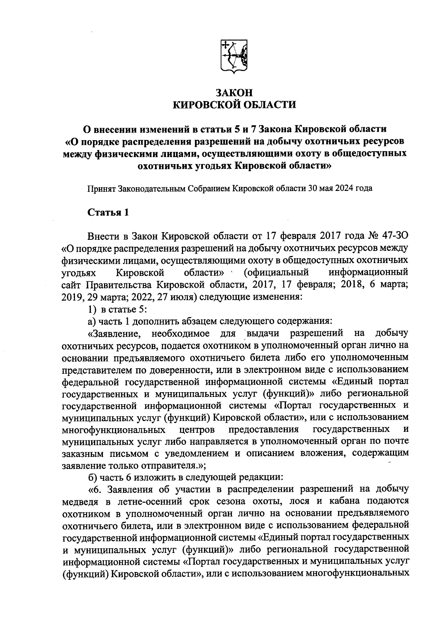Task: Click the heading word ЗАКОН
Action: coord(234,92)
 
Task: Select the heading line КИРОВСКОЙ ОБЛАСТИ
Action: coord(234,105)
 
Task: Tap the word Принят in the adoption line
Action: coord(101,189)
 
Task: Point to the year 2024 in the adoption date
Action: coord(341,189)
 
